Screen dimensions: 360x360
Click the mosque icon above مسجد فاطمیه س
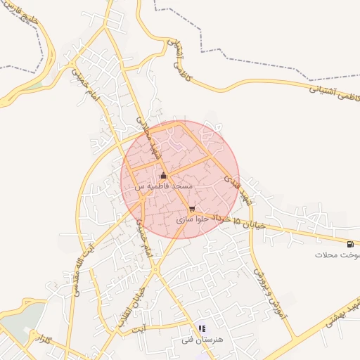[x=164, y=176]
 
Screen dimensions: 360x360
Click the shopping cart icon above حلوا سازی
[x=192, y=209]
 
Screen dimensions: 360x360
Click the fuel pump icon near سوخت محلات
[x=349, y=244]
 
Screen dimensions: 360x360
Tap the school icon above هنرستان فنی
[x=202, y=328]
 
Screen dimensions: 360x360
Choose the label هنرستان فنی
[x=201, y=339]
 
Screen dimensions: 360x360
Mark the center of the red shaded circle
[x=180, y=179]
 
